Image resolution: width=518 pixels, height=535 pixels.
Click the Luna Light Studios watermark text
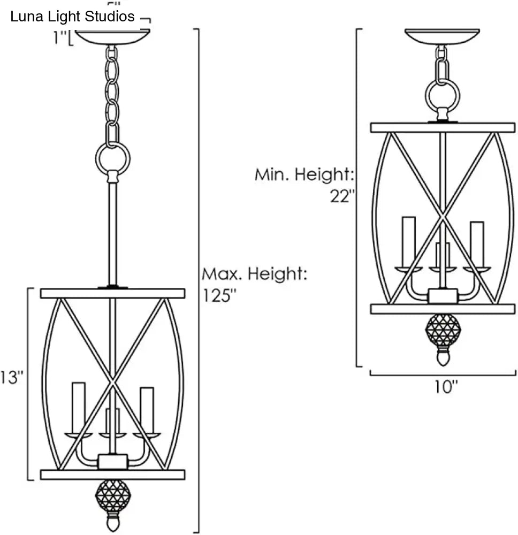click(x=72, y=17)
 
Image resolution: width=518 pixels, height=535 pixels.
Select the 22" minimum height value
click(x=343, y=196)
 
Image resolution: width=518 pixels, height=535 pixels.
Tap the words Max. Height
click(x=254, y=274)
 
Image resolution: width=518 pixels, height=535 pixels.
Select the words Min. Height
click(x=304, y=174)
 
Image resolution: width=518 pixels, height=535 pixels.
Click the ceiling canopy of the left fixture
click(x=112, y=37)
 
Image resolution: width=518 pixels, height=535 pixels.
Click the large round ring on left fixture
click(x=112, y=157)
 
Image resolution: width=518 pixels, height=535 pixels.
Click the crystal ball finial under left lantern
click(x=112, y=496)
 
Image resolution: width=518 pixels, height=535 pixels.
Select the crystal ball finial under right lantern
click(x=442, y=331)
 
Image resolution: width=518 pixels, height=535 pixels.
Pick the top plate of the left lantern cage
click(x=112, y=293)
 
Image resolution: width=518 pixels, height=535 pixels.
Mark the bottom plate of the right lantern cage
click(x=442, y=309)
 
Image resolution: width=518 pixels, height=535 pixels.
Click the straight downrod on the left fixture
click(x=112, y=233)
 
